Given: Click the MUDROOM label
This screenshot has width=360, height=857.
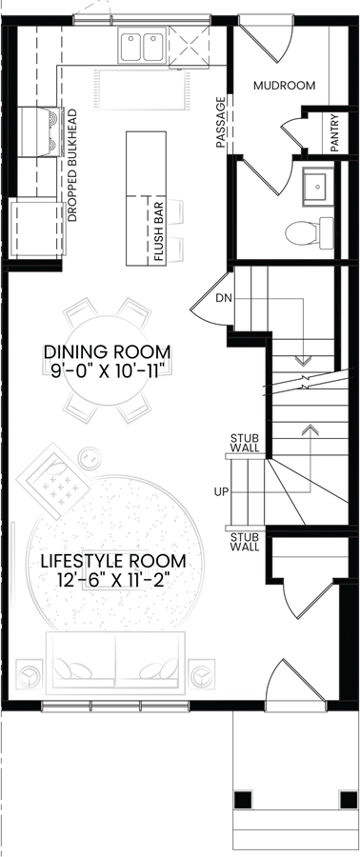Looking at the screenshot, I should (284, 86).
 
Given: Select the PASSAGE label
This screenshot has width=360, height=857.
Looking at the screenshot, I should (220, 123).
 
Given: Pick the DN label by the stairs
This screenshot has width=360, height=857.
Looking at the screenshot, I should (225, 299).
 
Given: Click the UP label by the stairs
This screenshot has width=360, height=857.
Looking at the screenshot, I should (220, 492).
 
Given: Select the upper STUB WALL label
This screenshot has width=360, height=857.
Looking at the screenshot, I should (245, 444).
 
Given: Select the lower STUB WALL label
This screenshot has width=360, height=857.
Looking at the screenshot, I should (245, 542).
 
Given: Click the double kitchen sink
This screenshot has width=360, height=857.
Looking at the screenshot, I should (144, 44).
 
